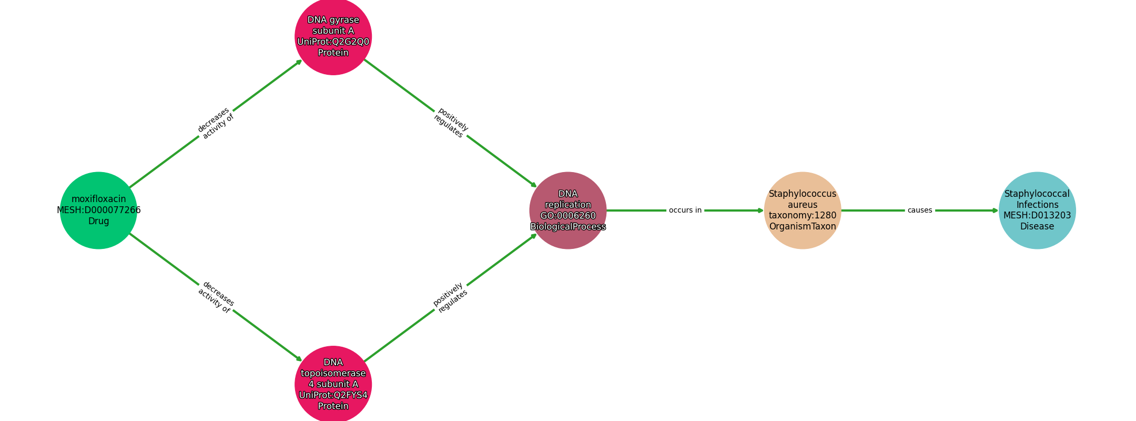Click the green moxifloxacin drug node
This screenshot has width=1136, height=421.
[98, 210]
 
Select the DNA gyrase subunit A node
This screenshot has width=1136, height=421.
[333, 36]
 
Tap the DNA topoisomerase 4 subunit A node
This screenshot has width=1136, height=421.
[333, 384]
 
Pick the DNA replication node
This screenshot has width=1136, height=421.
[568, 210]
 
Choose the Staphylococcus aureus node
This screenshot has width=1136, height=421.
[803, 210]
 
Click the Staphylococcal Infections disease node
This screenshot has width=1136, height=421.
[1037, 210]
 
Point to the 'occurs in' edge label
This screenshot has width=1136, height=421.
[685, 210]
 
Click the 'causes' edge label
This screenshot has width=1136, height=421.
[920, 210]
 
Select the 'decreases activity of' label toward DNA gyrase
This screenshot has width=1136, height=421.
[216, 124]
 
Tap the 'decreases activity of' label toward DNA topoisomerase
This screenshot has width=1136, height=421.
[216, 297]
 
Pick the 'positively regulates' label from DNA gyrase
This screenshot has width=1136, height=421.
[451, 123]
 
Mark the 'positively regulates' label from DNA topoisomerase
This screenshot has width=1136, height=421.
[450, 298]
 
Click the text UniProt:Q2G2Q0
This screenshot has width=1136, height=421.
[333, 42]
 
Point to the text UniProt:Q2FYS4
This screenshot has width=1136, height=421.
[333, 395]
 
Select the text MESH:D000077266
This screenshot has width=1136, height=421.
[99, 210]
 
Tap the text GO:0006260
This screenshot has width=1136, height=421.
[568, 216]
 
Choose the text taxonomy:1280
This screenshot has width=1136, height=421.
[803, 216]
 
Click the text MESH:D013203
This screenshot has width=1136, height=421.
[1037, 216]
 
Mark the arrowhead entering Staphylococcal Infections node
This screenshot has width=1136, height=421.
[995, 210]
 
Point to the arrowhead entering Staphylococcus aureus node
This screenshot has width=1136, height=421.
[760, 210]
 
